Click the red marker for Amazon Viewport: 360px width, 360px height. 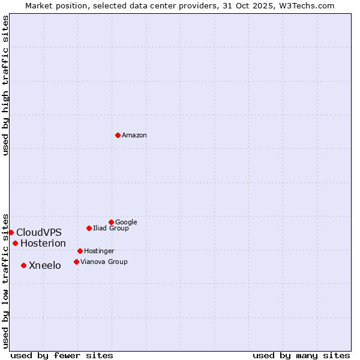pos(118,135)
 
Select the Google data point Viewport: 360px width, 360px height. pos(111,222)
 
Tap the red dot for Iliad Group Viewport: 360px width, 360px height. pos(89,228)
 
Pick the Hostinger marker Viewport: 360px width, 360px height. pos(80,251)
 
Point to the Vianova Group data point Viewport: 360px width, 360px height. pos(76,262)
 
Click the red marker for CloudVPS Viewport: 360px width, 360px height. pos(11,232)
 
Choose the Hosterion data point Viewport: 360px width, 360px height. pos(15,243)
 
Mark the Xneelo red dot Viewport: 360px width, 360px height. pos(23,265)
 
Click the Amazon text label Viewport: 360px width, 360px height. pos(134,136)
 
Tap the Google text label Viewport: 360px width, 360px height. pos(126,223)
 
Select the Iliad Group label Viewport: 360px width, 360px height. pos(111,229)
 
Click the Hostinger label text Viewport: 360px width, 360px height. pos(99,251)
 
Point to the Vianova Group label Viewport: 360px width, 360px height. pos(104,262)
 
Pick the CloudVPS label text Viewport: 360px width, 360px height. pos(39,233)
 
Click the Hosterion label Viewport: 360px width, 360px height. pos(43,244)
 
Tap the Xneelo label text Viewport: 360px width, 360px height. pos(45,266)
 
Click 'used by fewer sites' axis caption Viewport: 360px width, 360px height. pos(62,355)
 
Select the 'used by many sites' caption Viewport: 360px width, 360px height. pos(301,355)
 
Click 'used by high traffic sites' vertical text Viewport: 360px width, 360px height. pos(5,85)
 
